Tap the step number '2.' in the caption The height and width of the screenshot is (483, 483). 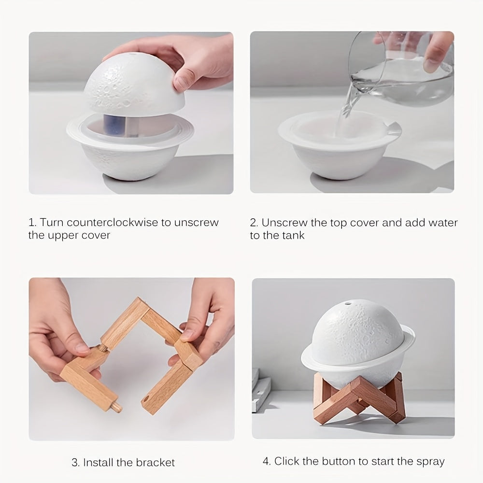point(254,223)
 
